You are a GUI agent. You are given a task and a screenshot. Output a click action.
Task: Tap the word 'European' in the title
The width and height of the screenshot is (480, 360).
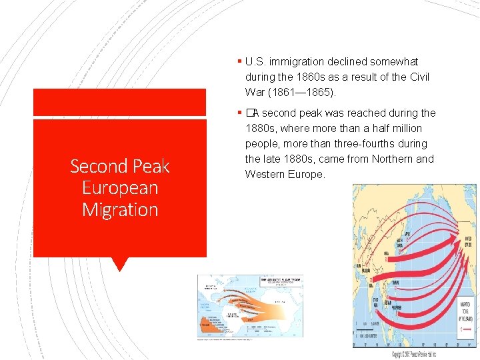click(120, 187)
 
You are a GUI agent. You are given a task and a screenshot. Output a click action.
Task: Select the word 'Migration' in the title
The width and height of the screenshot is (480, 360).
click(120, 209)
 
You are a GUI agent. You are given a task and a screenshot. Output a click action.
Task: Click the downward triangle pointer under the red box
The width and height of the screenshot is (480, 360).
click(120, 264)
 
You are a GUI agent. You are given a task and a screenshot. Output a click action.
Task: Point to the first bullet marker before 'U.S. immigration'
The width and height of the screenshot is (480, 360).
click(239, 61)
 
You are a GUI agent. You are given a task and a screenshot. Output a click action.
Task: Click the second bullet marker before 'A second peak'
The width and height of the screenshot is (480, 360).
click(239, 113)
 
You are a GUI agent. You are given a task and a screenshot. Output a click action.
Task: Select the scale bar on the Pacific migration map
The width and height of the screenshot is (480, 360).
click(367, 327)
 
